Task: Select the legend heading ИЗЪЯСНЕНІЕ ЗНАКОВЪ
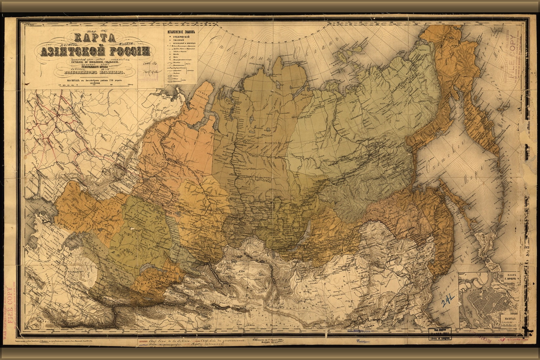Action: point(181,32)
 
